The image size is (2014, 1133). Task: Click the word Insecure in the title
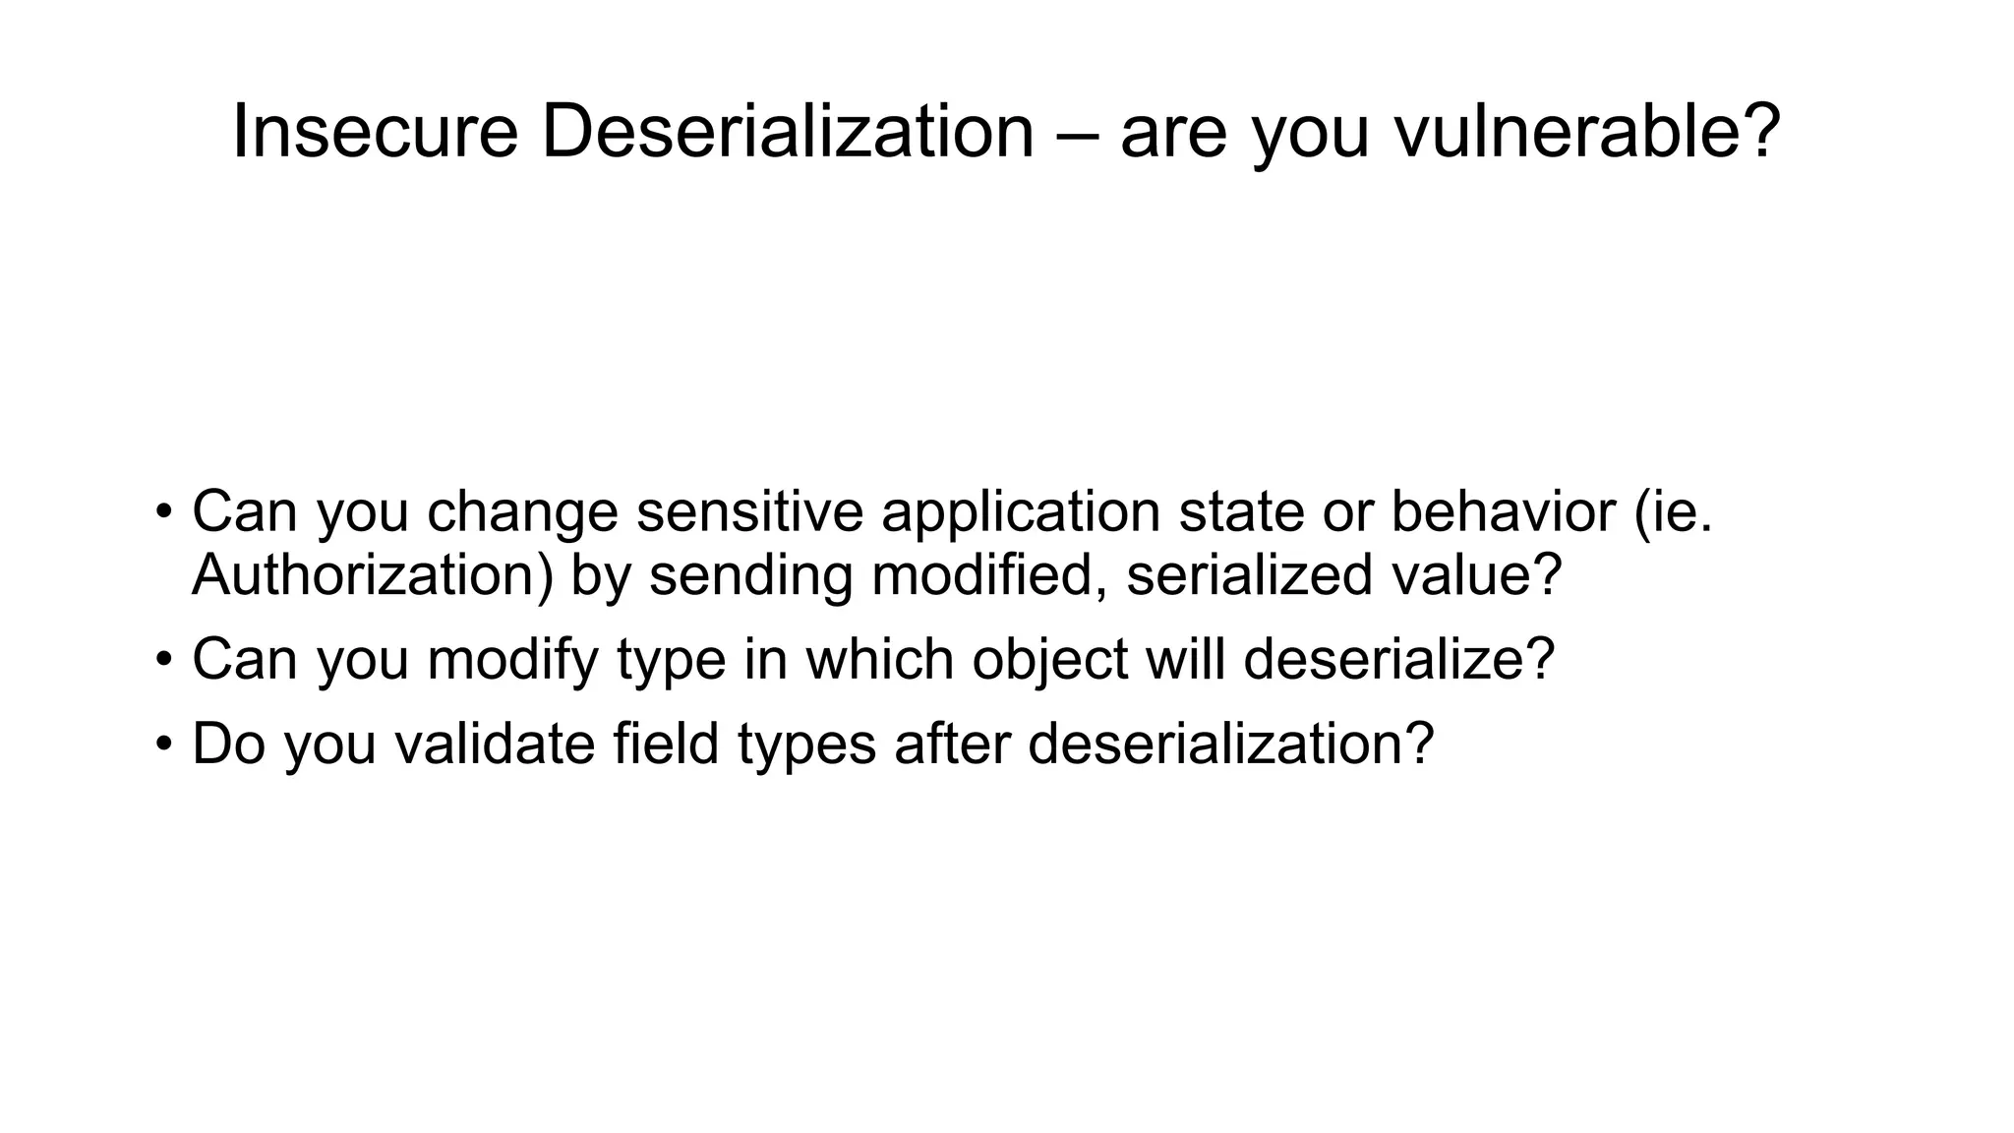tap(374, 132)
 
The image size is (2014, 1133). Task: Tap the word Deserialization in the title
tap(787, 132)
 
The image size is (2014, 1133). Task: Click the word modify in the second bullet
tap(512, 660)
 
